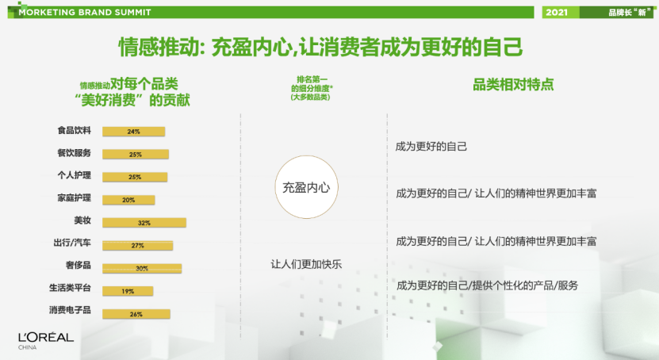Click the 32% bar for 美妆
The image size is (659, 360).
pyautogui.click(x=144, y=223)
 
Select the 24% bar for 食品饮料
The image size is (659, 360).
pyautogui.click(x=134, y=132)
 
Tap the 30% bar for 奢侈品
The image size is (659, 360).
pyautogui.click(x=142, y=268)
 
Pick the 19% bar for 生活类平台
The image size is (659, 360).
pyautogui.click(x=128, y=291)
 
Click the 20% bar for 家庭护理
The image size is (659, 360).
pyautogui.click(x=128, y=200)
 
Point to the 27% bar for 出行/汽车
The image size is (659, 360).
pyautogui.click(x=137, y=245)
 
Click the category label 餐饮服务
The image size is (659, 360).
pyautogui.click(x=74, y=153)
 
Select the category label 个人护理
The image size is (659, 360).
pyautogui.click(x=74, y=175)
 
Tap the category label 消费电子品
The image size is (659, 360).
pyautogui.click(x=70, y=310)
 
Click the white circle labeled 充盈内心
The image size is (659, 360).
pyautogui.click(x=306, y=187)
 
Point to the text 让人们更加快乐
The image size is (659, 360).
pyautogui.click(x=306, y=264)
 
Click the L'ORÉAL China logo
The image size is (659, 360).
pyautogui.click(x=46, y=341)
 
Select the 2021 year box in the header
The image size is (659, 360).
pyautogui.click(x=560, y=12)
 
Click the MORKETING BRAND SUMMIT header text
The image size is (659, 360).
pyautogui.click(x=85, y=12)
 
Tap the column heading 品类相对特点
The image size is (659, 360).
pyautogui.click(x=513, y=84)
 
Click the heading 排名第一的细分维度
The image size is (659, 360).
pyautogui.click(x=311, y=88)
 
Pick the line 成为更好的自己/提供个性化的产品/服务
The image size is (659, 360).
pyautogui.click(x=487, y=285)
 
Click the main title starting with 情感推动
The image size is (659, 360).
pyautogui.click(x=320, y=46)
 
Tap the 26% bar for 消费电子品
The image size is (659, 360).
pyautogui.click(x=136, y=314)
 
